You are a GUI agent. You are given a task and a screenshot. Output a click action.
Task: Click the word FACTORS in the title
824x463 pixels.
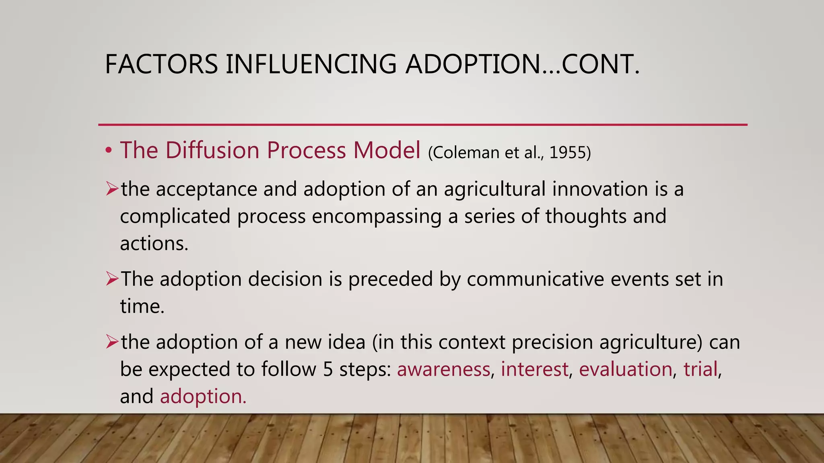coord(161,64)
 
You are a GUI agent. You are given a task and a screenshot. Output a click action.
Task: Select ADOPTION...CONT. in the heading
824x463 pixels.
coord(522,64)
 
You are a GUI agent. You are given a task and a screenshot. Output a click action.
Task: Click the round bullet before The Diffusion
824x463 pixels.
coord(108,151)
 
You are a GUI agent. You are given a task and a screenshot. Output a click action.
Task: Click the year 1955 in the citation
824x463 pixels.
coord(570,152)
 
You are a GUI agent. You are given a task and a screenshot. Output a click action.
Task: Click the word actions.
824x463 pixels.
coord(154,243)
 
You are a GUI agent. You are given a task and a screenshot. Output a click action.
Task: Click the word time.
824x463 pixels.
coord(142,306)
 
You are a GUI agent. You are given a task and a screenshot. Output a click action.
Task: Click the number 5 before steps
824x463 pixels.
coord(328,369)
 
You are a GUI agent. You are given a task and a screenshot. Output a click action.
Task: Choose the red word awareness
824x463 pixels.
coord(443,369)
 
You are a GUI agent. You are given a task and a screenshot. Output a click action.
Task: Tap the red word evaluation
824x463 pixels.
coord(625,369)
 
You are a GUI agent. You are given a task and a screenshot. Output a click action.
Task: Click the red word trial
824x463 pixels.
coord(700,369)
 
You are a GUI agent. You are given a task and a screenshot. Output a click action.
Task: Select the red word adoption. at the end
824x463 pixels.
coord(203,396)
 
